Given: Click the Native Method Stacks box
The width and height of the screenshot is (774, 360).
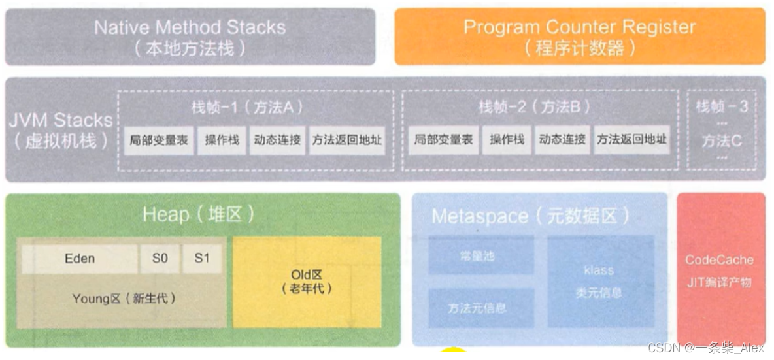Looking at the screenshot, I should pyautogui.click(x=190, y=37).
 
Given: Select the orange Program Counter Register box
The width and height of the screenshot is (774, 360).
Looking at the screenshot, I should pyautogui.click(x=579, y=37).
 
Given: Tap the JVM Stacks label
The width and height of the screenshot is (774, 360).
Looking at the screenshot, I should pyautogui.click(x=60, y=130).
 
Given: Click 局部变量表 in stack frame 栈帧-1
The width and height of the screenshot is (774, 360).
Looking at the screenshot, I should pyautogui.click(x=159, y=140).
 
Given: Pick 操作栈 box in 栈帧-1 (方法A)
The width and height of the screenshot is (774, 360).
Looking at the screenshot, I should pyautogui.click(x=222, y=140).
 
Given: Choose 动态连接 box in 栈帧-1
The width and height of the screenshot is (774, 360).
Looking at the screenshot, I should pyautogui.click(x=277, y=140).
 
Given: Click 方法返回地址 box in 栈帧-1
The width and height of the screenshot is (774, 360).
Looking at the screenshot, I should pyautogui.click(x=346, y=140).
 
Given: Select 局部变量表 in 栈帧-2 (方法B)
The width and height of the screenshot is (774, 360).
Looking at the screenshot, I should pyautogui.click(x=444, y=140).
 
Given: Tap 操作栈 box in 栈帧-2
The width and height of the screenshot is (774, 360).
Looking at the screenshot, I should pyautogui.click(x=507, y=140).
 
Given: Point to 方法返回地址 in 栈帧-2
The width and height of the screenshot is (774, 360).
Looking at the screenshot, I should pyautogui.click(x=631, y=140).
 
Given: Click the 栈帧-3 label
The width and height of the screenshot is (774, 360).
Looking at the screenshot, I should pyautogui.click(x=722, y=106).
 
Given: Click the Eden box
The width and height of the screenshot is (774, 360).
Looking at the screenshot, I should pyautogui.click(x=80, y=259).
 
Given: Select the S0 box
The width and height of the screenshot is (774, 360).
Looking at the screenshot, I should pyautogui.click(x=160, y=259).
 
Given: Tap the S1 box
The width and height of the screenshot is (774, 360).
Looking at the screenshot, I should pyautogui.click(x=202, y=259).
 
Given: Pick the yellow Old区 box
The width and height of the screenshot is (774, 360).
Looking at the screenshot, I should pyautogui.click(x=307, y=281).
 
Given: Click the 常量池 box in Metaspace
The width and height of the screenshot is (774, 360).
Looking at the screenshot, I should pyautogui.click(x=480, y=256).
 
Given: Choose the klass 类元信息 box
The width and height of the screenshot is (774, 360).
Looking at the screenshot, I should pyautogui.click(x=599, y=281).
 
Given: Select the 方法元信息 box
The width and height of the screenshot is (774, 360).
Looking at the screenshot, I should pyautogui.click(x=480, y=307).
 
